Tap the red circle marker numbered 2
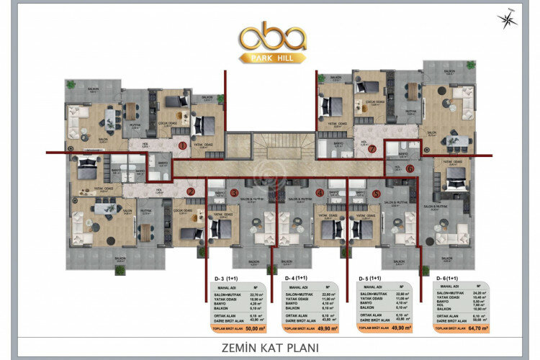[191, 191]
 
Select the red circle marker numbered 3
[234, 193]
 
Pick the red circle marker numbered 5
[377, 193]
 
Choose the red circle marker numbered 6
[410, 168]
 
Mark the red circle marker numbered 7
[372, 150]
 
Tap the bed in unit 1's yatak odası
[204, 125]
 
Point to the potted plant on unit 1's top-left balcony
[71, 85]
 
